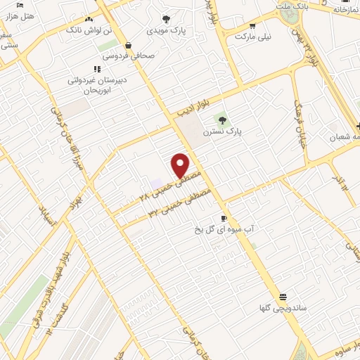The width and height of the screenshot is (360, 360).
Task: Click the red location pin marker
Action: (x=181, y=165)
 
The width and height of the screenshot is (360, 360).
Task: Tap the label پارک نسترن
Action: (x=222, y=131)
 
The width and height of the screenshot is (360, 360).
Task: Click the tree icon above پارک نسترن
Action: (x=223, y=120)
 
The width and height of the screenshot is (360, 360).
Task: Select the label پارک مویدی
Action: (x=166, y=31)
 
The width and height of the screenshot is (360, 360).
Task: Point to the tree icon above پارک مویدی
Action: (x=166, y=20)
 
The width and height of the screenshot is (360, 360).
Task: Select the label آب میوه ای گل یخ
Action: (x=224, y=229)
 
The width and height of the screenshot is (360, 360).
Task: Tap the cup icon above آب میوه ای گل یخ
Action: (x=224, y=218)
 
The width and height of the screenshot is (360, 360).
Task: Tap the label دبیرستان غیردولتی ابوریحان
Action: (x=98, y=85)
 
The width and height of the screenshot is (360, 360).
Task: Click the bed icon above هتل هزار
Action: (x=20, y=5)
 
